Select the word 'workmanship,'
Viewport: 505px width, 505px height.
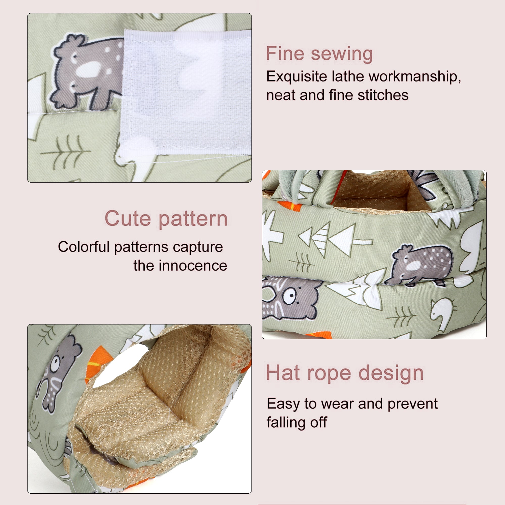[415, 77]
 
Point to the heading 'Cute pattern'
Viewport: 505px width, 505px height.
[166, 218]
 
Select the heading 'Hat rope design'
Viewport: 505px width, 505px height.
[345, 373]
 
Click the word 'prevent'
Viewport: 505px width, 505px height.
[413, 404]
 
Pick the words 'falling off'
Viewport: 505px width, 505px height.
[297, 423]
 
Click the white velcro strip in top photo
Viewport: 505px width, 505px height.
[187, 91]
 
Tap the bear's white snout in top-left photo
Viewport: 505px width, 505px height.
[88, 70]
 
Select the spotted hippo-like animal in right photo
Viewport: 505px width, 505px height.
[422, 264]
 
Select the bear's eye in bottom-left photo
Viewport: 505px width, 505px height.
[55, 364]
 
